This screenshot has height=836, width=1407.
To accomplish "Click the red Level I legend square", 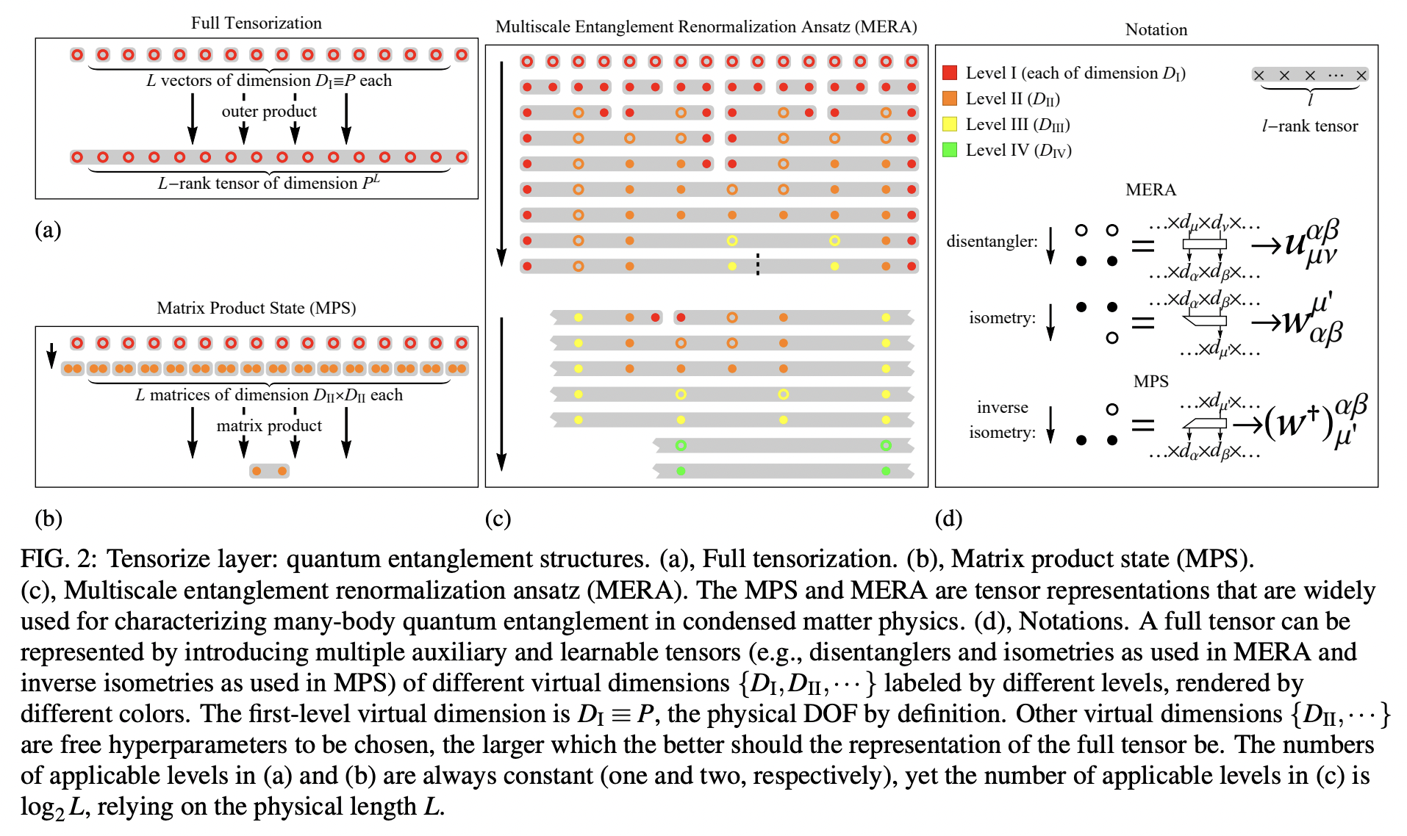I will [950, 73].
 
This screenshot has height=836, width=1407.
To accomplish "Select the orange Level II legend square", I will [950, 98].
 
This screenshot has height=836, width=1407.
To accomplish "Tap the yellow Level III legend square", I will [950, 124].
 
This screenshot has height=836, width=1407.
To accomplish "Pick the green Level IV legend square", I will [950, 150].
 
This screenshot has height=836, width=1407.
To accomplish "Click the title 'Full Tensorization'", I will [256, 23].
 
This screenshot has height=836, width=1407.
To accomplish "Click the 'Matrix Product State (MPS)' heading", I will [256, 308].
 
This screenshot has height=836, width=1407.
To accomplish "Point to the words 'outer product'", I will [269, 111].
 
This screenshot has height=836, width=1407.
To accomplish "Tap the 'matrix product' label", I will [269, 425].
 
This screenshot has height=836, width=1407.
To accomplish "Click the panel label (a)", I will [48, 230].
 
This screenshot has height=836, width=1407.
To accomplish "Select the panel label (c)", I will [498, 519].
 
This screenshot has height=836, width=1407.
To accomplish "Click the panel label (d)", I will [948, 519].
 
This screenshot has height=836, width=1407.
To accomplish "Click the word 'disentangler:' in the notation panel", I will [992, 242].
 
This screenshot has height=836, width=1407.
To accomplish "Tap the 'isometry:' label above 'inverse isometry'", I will [1002, 317].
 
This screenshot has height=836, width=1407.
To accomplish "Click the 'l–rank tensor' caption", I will [1309, 126].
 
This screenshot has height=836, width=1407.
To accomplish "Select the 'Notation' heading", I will [1156, 29].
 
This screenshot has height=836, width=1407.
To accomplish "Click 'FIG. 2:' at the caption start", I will [59, 559].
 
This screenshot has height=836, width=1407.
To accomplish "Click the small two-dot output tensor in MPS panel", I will [269, 471].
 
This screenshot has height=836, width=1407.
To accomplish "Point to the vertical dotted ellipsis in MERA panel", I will [758, 264].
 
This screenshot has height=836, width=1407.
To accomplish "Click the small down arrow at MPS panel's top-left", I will [51, 355].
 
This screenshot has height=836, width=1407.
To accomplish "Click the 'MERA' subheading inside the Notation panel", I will [1150, 190].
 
